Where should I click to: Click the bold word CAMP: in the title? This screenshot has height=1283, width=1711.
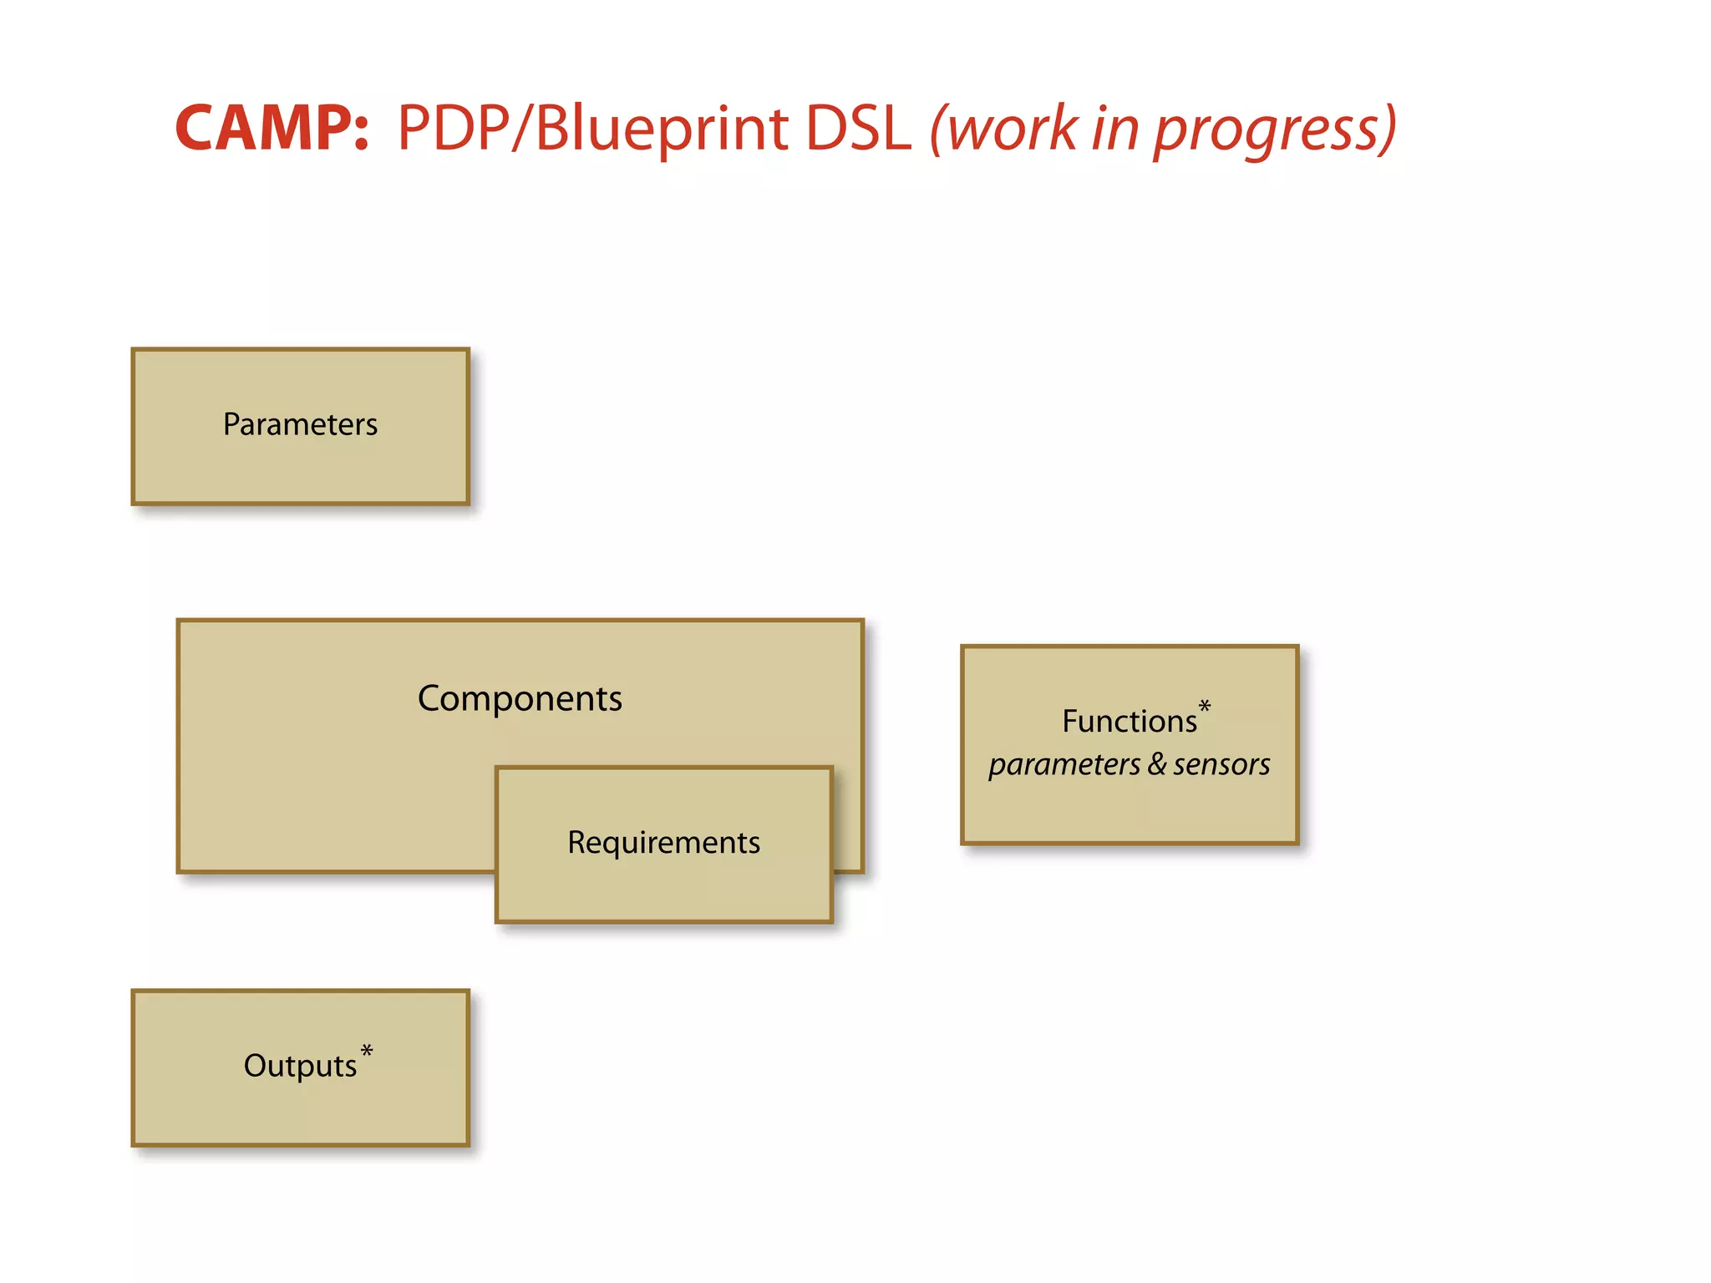(272, 129)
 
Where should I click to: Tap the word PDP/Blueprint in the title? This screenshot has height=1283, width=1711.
(592, 129)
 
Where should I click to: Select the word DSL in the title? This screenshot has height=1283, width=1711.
(858, 129)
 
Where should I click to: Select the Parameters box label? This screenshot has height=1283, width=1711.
(300, 424)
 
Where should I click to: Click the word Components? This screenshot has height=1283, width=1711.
(520, 698)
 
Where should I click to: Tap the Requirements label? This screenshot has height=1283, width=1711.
(663, 842)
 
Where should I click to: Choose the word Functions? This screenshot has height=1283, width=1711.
(1129, 721)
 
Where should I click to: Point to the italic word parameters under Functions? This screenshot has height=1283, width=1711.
(1064, 764)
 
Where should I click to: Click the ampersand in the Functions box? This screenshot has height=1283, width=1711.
(1157, 763)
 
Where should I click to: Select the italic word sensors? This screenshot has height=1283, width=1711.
(1221, 764)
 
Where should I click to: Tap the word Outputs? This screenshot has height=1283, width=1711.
(300, 1066)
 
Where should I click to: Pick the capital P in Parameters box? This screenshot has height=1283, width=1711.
(231, 424)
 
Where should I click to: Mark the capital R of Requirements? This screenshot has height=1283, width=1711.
(576, 842)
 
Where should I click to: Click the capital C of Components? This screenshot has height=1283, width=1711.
(431, 698)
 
